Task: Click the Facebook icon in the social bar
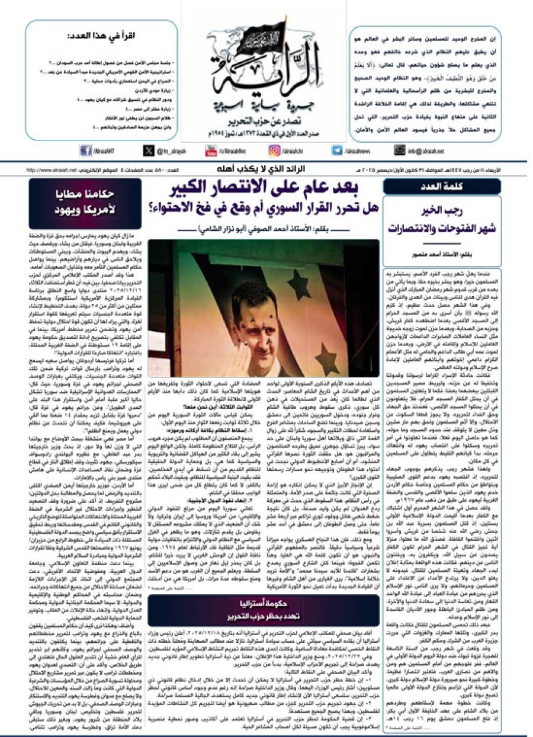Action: coord(85,151)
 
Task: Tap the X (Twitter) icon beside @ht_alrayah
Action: coord(149,151)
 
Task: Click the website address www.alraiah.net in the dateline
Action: coord(50,171)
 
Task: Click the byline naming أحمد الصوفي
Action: coord(264,230)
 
